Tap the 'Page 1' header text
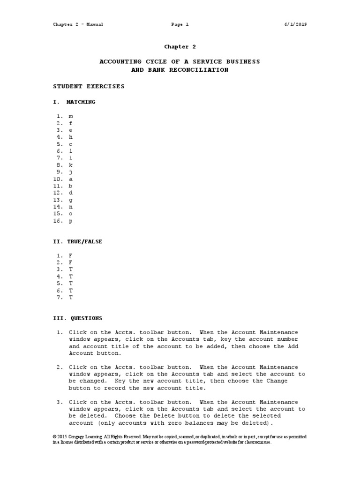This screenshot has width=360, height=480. (180, 24)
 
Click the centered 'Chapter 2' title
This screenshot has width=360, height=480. (180, 47)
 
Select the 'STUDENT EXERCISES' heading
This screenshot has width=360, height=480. (89, 87)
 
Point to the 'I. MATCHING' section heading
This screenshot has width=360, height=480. (74, 102)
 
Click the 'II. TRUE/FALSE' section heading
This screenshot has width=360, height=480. (77, 241)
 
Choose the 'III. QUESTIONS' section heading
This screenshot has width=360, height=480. (77, 318)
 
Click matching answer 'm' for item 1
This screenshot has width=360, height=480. (71, 116)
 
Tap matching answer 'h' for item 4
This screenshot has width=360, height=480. (71, 137)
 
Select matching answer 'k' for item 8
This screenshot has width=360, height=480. (71, 165)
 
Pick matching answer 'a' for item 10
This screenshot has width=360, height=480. (71, 179)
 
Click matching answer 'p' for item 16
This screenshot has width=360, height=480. (71, 221)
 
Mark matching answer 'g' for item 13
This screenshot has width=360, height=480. (71, 200)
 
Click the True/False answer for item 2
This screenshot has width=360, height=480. (71, 262)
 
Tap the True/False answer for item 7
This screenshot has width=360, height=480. (71, 297)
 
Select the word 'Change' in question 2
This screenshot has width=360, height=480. (276, 381)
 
